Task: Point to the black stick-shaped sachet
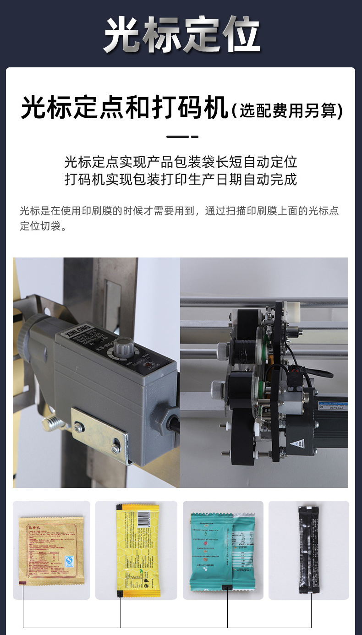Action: (308, 550)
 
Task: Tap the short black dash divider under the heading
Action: (182, 137)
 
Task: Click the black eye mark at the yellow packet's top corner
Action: (118, 507)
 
